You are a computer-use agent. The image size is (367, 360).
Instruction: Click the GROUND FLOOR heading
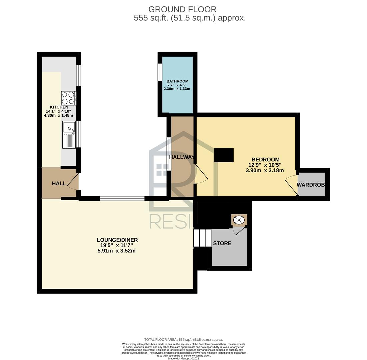click(x=182, y=9)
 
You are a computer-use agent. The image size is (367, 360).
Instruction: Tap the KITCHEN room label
click(x=59, y=107)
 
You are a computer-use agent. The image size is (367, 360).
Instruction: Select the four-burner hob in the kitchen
click(x=69, y=98)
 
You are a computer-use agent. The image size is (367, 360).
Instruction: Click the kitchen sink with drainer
click(x=69, y=135)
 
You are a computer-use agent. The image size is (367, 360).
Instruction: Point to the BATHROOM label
click(x=177, y=81)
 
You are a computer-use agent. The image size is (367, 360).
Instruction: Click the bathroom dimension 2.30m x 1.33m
click(x=177, y=89)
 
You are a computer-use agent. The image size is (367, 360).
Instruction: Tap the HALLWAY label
click(x=182, y=157)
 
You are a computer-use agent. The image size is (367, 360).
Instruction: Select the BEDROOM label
click(x=265, y=160)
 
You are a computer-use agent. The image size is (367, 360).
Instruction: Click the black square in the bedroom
click(x=224, y=155)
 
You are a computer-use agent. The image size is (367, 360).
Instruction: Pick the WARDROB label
click(x=311, y=185)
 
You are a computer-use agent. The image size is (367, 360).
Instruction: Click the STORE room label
click(x=222, y=243)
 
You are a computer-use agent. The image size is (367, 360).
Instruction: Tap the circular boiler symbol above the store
click(x=239, y=220)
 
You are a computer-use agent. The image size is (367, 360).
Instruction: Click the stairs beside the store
click(x=202, y=238)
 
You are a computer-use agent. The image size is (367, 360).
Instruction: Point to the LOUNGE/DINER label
click(x=117, y=240)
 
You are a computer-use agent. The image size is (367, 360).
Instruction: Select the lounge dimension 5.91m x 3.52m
click(x=117, y=251)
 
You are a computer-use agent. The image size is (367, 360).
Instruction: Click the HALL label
click(x=59, y=184)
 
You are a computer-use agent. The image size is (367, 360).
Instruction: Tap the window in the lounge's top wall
click(x=122, y=198)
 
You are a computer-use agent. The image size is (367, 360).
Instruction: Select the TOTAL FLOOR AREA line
click(x=183, y=339)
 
